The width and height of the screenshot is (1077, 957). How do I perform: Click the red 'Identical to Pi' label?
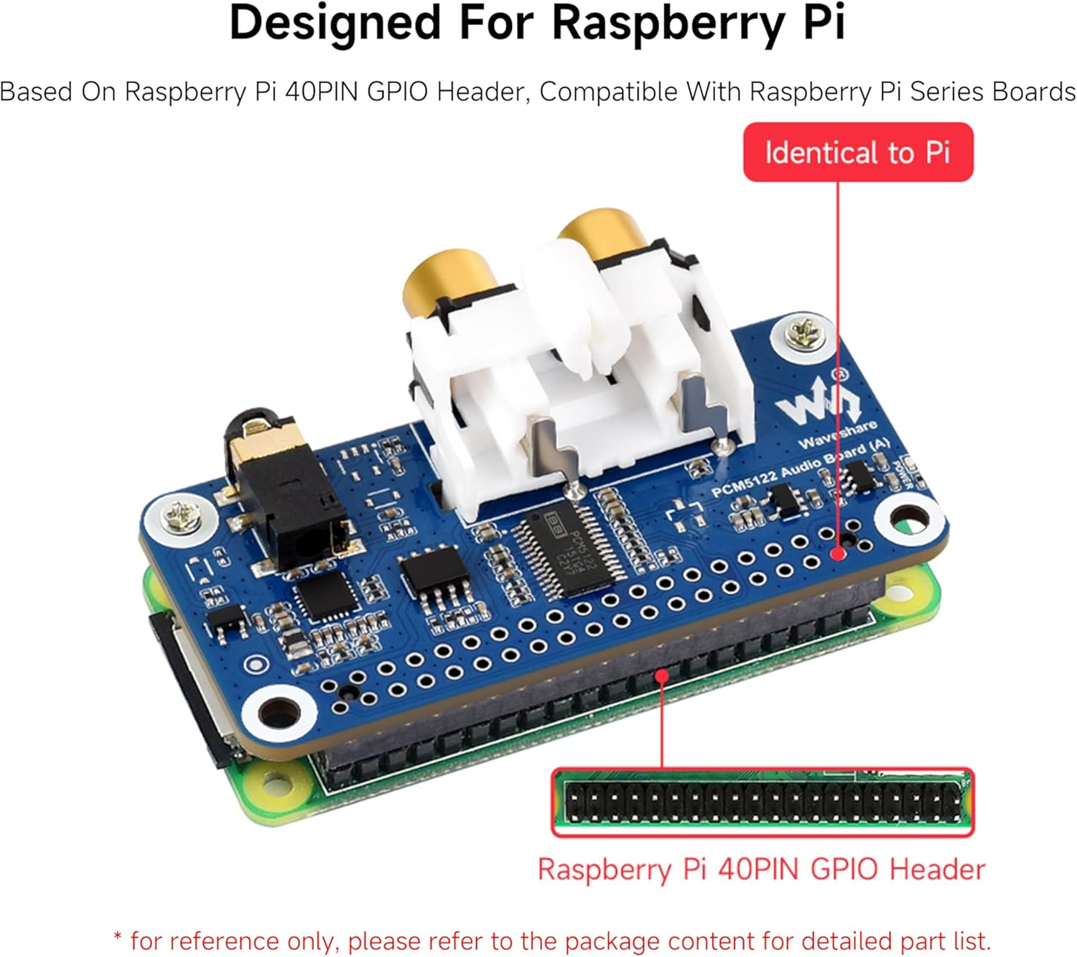(857, 152)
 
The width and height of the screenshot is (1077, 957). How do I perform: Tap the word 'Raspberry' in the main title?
(668, 23)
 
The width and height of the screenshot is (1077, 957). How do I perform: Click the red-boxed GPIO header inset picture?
(763, 802)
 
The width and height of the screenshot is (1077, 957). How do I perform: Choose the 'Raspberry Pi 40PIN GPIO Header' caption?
(761, 869)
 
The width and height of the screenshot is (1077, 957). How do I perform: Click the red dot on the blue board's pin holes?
(837, 554)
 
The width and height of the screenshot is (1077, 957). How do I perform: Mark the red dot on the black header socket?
(662, 675)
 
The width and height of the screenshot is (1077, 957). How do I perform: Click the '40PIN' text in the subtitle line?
(321, 92)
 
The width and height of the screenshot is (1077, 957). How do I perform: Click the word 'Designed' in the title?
(335, 23)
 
